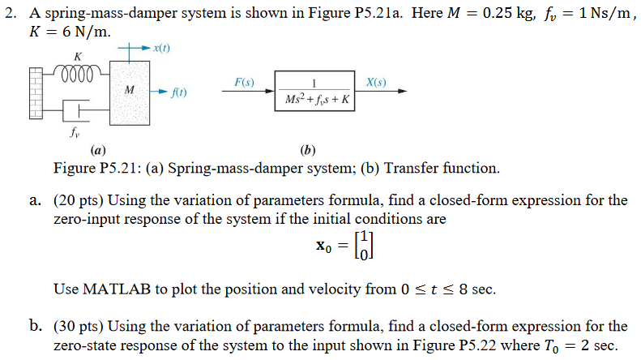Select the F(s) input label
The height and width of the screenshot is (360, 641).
244,83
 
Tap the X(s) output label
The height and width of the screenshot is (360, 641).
376,83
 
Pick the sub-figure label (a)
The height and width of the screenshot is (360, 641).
97,150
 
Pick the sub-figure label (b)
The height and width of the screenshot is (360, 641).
307,150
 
